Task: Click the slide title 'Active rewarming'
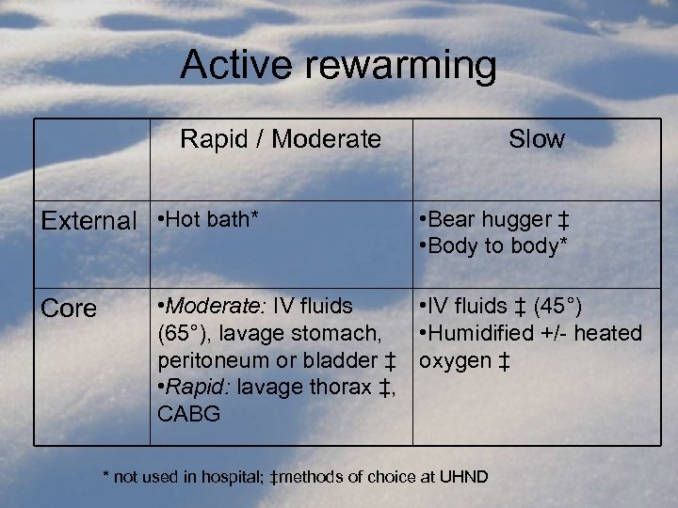pos(338,66)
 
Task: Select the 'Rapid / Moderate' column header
pos(281,140)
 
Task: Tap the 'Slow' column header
pos(536,140)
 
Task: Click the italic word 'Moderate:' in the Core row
pos(217,306)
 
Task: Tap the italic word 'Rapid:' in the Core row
pos(202,387)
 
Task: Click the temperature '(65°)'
pos(185,332)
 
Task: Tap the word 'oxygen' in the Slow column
pos(454,359)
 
